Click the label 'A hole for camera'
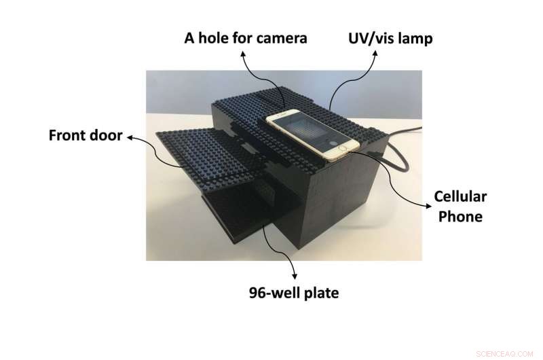[x=246, y=38]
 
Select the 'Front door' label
[x=85, y=135]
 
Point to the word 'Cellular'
[x=460, y=197]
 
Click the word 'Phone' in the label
[x=460, y=217]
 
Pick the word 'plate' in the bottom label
[x=318, y=293]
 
